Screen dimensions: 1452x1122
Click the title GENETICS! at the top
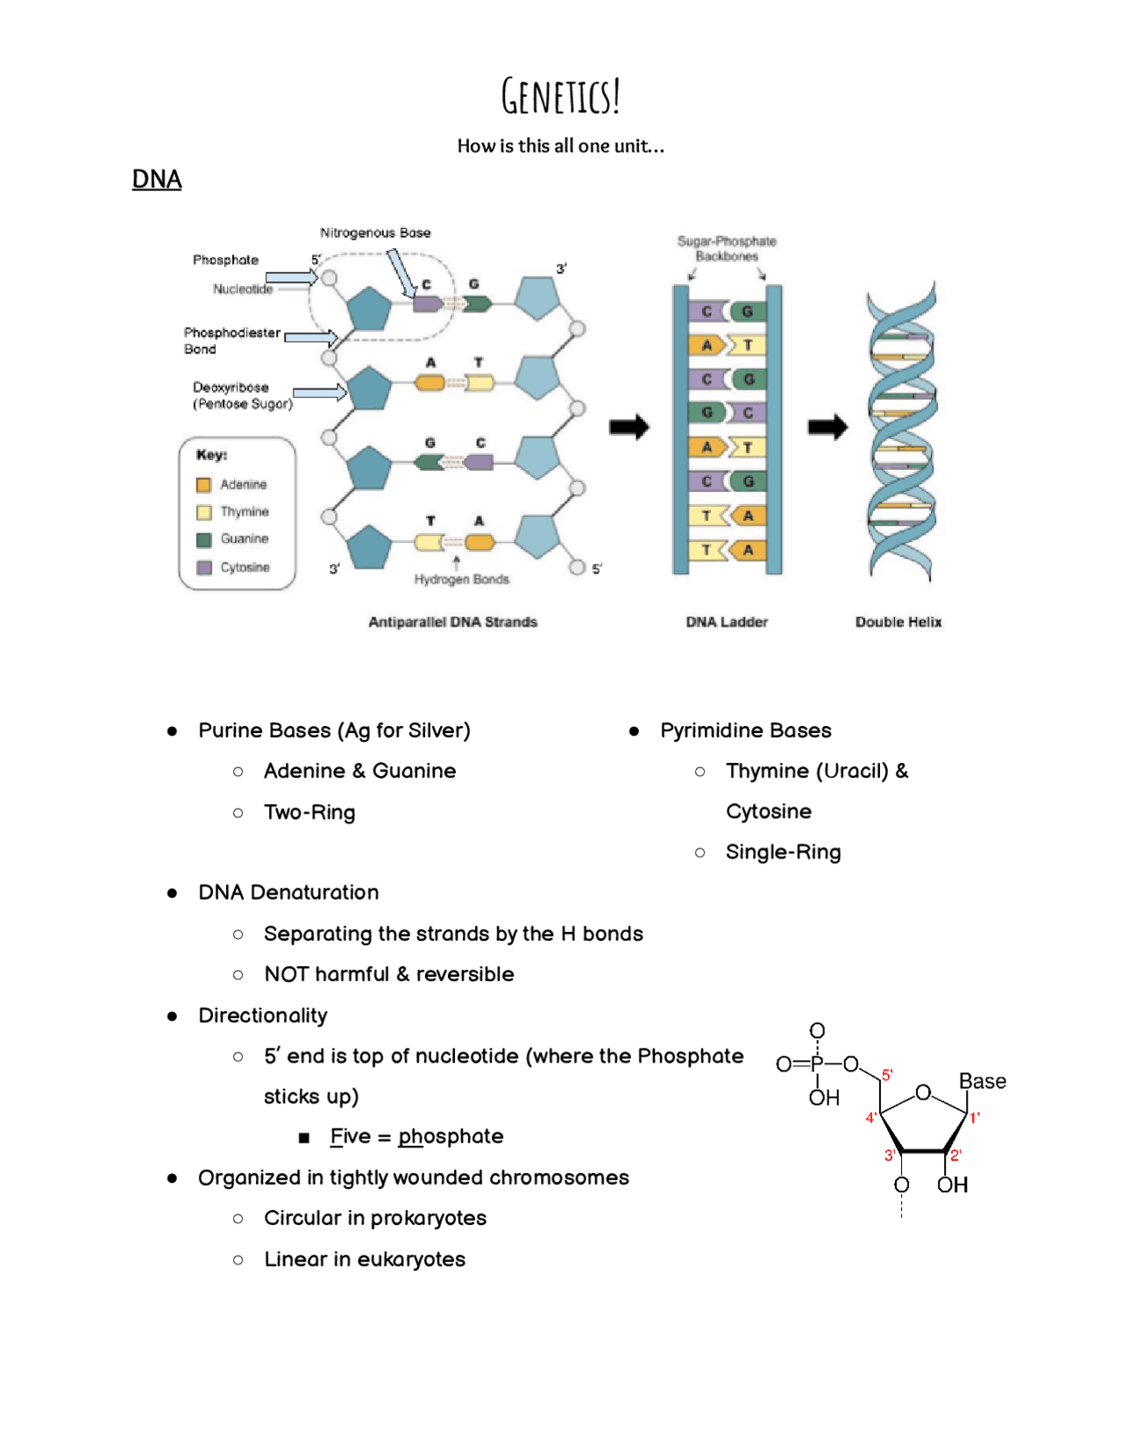tap(561, 96)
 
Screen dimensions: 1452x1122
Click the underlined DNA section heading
tap(157, 180)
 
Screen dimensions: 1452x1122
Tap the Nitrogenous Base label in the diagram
tap(375, 233)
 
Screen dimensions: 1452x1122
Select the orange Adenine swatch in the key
tap(204, 485)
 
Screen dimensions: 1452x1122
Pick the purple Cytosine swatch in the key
tap(204, 567)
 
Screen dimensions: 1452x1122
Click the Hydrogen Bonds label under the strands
tap(461, 580)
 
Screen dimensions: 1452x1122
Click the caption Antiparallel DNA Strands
tap(452, 623)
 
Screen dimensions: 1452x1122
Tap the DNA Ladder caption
tap(727, 623)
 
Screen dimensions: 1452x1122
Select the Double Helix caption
tap(898, 623)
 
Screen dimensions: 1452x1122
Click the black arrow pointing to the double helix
tap(827, 428)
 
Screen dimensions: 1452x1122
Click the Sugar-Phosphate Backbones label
tap(727, 249)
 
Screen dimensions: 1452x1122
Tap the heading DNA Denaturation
tap(288, 893)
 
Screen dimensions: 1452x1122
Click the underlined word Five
tap(351, 1137)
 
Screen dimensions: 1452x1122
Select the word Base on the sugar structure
tap(982, 1082)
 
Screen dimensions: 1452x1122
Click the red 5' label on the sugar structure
tap(887, 1075)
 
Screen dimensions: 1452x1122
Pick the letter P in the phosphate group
tap(817, 1064)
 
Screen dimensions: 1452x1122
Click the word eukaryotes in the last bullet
tap(411, 1260)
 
